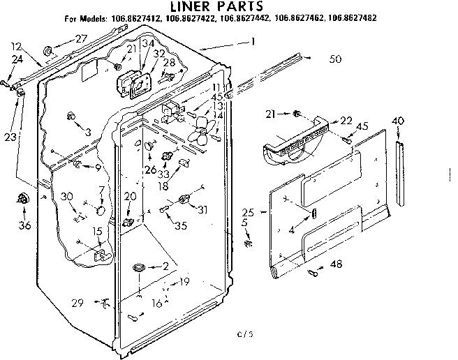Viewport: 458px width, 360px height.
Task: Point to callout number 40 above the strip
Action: [398, 121]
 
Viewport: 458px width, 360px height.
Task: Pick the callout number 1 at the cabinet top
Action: [253, 42]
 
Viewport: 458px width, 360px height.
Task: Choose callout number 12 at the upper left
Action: [15, 46]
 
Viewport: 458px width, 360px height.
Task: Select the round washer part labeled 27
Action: [48, 50]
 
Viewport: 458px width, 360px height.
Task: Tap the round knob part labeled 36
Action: [25, 201]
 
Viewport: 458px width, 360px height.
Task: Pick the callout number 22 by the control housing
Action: [346, 121]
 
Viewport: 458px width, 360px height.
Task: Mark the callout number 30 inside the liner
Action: [67, 196]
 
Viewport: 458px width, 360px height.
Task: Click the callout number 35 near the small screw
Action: [180, 225]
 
